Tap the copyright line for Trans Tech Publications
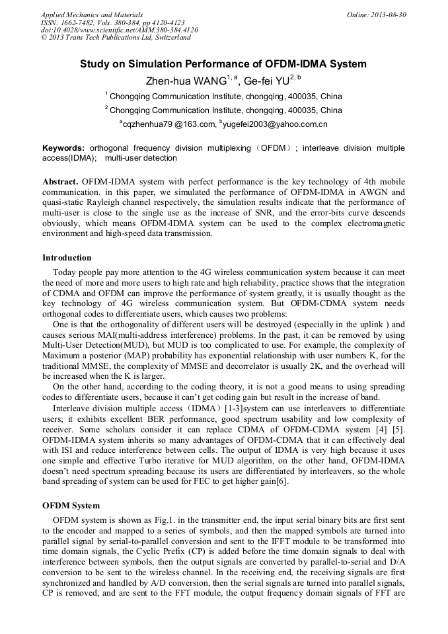pyautogui.click(x=116, y=38)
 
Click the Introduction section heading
pyautogui.click(x=67, y=258)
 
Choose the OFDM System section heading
pyautogui.click(x=71, y=506)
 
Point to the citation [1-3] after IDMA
pyautogui.click(x=233, y=409)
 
